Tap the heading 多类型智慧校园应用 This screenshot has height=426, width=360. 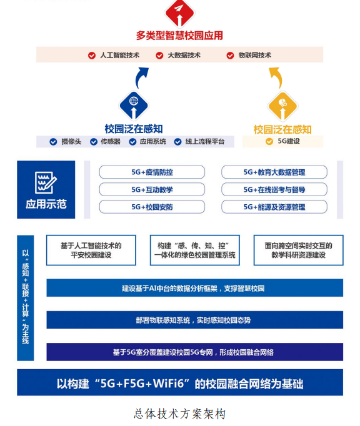pos(179,36)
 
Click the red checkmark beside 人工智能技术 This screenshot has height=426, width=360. pos(92,56)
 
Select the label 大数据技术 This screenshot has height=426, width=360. pos(184,55)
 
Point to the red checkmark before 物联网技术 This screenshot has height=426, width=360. pos(230,56)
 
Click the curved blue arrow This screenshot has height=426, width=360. pos(141,77)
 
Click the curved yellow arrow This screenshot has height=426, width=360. pos(276,77)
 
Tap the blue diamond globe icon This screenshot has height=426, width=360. pos(134,106)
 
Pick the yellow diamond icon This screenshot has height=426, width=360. pos(282,106)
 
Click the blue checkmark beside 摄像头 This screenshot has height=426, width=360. pos(53,142)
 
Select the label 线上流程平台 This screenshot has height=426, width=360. pos(205,142)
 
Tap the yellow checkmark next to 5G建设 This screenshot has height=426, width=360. pos(269,141)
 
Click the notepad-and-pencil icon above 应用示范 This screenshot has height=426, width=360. pos(46,182)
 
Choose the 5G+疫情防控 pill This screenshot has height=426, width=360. pos(152,172)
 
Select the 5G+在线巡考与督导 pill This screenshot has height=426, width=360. pos(274,189)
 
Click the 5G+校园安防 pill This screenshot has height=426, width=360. pos(152,207)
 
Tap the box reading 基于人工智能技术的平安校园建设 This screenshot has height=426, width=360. pos(91,250)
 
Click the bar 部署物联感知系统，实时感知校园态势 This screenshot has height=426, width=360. pos(194,320)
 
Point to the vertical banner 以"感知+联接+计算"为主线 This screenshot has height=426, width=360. pos(25,298)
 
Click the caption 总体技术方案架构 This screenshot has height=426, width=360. pos(180,414)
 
